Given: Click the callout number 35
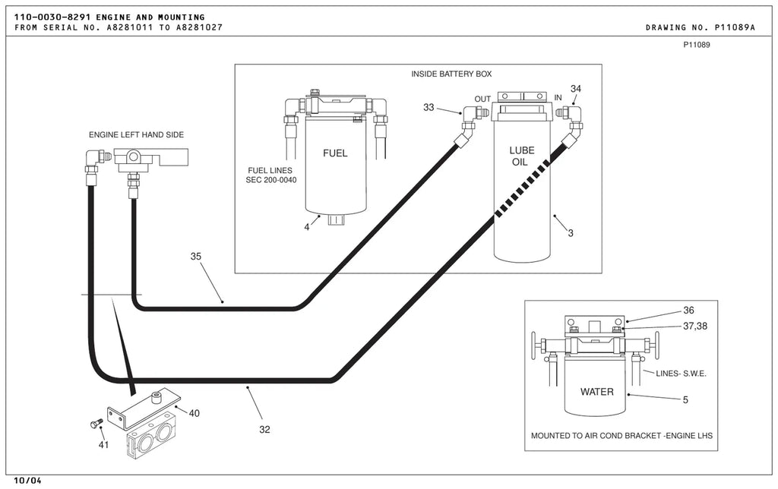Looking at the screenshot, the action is click(x=196, y=257).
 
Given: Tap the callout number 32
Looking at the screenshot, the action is click(x=264, y=430).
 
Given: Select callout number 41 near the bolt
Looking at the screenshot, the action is click(x=103, y=445).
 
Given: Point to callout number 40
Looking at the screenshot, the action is click(x=194, y=414).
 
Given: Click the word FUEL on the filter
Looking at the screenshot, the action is click(x=335, y=153).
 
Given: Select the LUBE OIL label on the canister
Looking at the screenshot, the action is click(x=521, y=156).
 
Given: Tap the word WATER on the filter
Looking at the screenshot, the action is click(x=597, y=392).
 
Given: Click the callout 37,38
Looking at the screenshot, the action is click(x=695, y=327).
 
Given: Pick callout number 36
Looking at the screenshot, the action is click(x=688, y=311).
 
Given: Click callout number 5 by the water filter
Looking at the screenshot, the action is click(x=685, y=399).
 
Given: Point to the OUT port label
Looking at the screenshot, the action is click(x=482, y=99).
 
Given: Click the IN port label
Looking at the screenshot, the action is click(x=558, y=98).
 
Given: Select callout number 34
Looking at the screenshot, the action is click(x=576, y=89).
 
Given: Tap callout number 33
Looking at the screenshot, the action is click(x=429, y=108).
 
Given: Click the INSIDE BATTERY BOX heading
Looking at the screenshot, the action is click(x=451, y=74).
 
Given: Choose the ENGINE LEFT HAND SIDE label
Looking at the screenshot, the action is click(x=137, y=135).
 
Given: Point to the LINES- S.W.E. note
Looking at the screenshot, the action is click(x=681, y=374).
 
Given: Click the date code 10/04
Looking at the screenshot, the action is click(x=28, y=481).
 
